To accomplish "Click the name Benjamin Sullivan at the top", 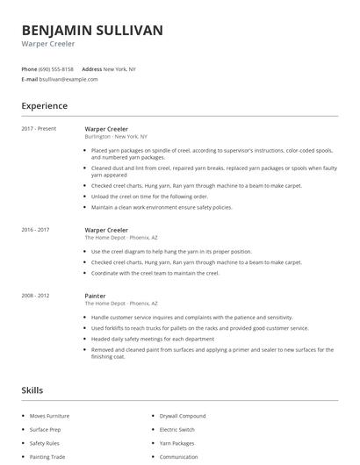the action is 92,31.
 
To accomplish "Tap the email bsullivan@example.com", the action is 68,79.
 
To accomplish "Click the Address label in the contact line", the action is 91,68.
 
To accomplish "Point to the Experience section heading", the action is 44,106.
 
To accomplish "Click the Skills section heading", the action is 32,390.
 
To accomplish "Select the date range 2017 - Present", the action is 38,129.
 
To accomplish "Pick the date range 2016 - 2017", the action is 36,229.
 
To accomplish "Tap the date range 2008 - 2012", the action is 36,296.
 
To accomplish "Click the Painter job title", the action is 95,296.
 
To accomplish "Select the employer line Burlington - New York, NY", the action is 116,137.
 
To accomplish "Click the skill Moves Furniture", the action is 49,415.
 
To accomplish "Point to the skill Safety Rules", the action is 44,443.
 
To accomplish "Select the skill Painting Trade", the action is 47,457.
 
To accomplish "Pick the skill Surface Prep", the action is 45,429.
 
